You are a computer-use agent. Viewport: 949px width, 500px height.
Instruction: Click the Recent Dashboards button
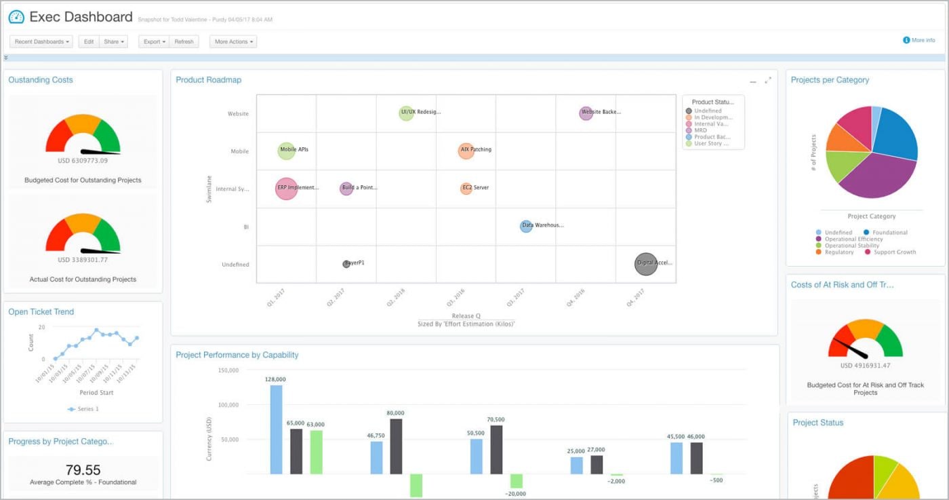click(41, 41)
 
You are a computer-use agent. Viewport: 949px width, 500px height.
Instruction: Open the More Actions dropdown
click(233, 41)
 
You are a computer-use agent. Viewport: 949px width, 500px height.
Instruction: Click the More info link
click(919, 40)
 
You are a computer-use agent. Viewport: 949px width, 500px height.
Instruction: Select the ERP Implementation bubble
click(287, 188)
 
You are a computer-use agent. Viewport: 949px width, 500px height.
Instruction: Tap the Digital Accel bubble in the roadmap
click(646, 263)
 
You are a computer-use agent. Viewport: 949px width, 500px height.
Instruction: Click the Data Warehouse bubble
click(526, 226)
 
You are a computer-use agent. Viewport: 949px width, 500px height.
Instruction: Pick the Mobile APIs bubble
click(287, 151)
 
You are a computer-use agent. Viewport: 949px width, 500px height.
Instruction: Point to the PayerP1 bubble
click(346, 264)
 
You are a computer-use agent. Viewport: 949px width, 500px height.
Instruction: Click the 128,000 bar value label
click(276, 379)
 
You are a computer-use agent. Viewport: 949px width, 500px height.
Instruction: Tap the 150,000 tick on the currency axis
click(228, 370)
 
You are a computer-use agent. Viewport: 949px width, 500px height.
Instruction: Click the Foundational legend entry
click(889, 233)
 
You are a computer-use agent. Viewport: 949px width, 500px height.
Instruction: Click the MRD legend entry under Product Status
click(700, 130)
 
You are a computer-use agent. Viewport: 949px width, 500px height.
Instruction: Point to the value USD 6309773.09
click(83, 161)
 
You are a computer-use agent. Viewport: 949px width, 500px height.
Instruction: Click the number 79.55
click(83, 469)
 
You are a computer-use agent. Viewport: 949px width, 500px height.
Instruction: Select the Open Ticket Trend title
click(41, 312)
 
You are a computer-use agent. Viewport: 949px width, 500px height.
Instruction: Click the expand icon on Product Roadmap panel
click(768, 81)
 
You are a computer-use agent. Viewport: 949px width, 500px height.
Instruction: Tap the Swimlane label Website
click(238, 114)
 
